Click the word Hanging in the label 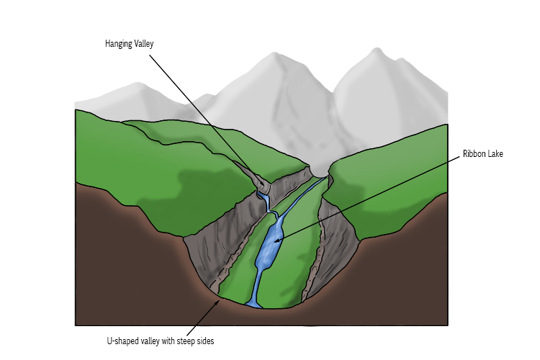tap(119, 44)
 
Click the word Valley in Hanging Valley tap(144, 44)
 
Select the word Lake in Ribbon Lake tap(495, 153)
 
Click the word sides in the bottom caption tap(205, 341)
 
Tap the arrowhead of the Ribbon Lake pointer tap(276, 240)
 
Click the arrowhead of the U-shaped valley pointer tap(218, 302)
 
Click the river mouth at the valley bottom tap(254, 304)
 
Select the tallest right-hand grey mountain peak tap(377, 50)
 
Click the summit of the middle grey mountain tap(274, 54)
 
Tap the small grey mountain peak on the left tap(138, 84)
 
